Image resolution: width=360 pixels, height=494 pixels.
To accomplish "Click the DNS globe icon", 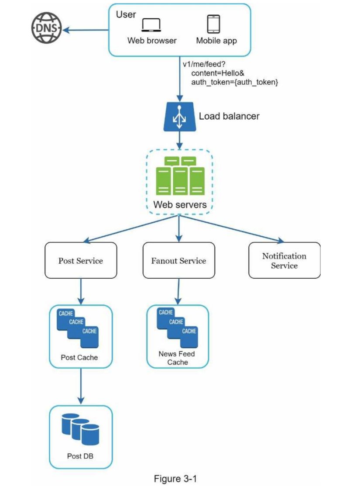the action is [x=47, y=28].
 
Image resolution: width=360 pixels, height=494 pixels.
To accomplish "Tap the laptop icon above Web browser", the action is [x=151, y=25].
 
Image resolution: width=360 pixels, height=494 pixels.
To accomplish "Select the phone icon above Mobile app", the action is [x=213, y=24].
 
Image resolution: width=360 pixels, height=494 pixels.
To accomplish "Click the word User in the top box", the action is [x=126, y=14].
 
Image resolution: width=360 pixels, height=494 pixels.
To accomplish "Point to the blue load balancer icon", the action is [x=179, y=117].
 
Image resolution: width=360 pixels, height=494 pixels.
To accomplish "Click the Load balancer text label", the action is [x=229, y=116].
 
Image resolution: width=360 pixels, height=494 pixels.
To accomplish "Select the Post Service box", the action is [x=81, y=260].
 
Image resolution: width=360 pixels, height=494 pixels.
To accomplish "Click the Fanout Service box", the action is [x=179, y=260].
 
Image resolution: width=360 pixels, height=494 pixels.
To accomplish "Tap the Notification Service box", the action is [x=285, y=260].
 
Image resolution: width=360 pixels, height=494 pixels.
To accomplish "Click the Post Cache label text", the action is [x=79, y=358].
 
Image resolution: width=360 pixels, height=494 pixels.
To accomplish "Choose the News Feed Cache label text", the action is [x=177, y=358].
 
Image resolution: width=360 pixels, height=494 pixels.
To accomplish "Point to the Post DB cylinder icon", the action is [x=81, y=429].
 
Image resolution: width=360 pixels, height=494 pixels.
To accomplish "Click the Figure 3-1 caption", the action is [x=175, y=479].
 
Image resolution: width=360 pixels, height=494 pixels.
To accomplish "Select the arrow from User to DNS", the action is [x=86, y=30].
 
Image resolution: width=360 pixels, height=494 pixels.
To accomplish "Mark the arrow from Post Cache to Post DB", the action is [x=81, y=386].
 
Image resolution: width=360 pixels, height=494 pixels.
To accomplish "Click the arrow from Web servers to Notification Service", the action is [x=232, y=229].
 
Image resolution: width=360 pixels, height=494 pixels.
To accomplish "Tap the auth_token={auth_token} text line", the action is [x=235, y=82].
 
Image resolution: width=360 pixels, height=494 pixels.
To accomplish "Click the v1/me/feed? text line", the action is [x=204, y=64].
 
